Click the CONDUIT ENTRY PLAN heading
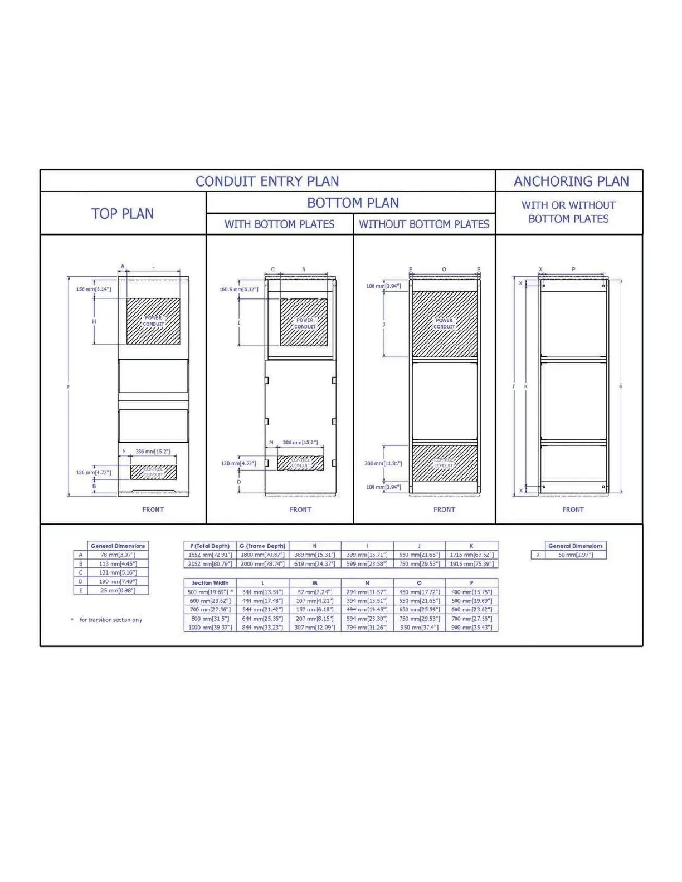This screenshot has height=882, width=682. pyautogui.click(x=267, y=181)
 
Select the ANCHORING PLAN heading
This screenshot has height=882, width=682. pyautogui.click(x=571, y=181)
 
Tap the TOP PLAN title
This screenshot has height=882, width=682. pyautogui.click(x=123, y=214)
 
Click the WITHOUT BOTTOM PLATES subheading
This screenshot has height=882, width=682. pyautogui.click(x=424, y=224)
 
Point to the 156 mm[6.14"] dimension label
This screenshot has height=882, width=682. pyautogui.click(x=93, y=290)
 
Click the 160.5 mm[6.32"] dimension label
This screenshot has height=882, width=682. pyautogui.click(x=238, y=290)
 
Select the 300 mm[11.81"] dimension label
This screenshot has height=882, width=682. pyautogui.click(x=383, y=463)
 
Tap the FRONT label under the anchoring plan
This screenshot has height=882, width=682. pyautogui.click(x=573, y=509)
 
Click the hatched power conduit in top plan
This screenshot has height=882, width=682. pyautogui.click(x=153, y=321)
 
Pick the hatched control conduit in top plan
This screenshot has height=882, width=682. pyautogui.click(x=153, y=472)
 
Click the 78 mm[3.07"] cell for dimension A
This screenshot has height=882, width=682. pyautogui.click(x=118, y=555)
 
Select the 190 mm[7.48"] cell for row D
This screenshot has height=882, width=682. pyautogui.click(x=118, y=581)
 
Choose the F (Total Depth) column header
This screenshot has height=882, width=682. pyautogui.click(x=210, y=546)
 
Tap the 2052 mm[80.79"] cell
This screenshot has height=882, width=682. pyautogui.click(x=210, y=564)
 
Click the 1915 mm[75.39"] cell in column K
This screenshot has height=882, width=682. pyautogui.click(x=471, y=564)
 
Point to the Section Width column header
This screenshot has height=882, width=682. pyautogui.click(x=210, y=583)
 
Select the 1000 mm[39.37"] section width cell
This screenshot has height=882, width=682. pyautogui.click(x=210, y=628)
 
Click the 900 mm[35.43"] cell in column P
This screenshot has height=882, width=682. pyautogui.click(x=471, y=628)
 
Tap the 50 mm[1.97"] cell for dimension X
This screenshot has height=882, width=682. pyautogui.click(x=576, y=555)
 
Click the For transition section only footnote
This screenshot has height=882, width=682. pyautogui.click(x=110, y=620)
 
